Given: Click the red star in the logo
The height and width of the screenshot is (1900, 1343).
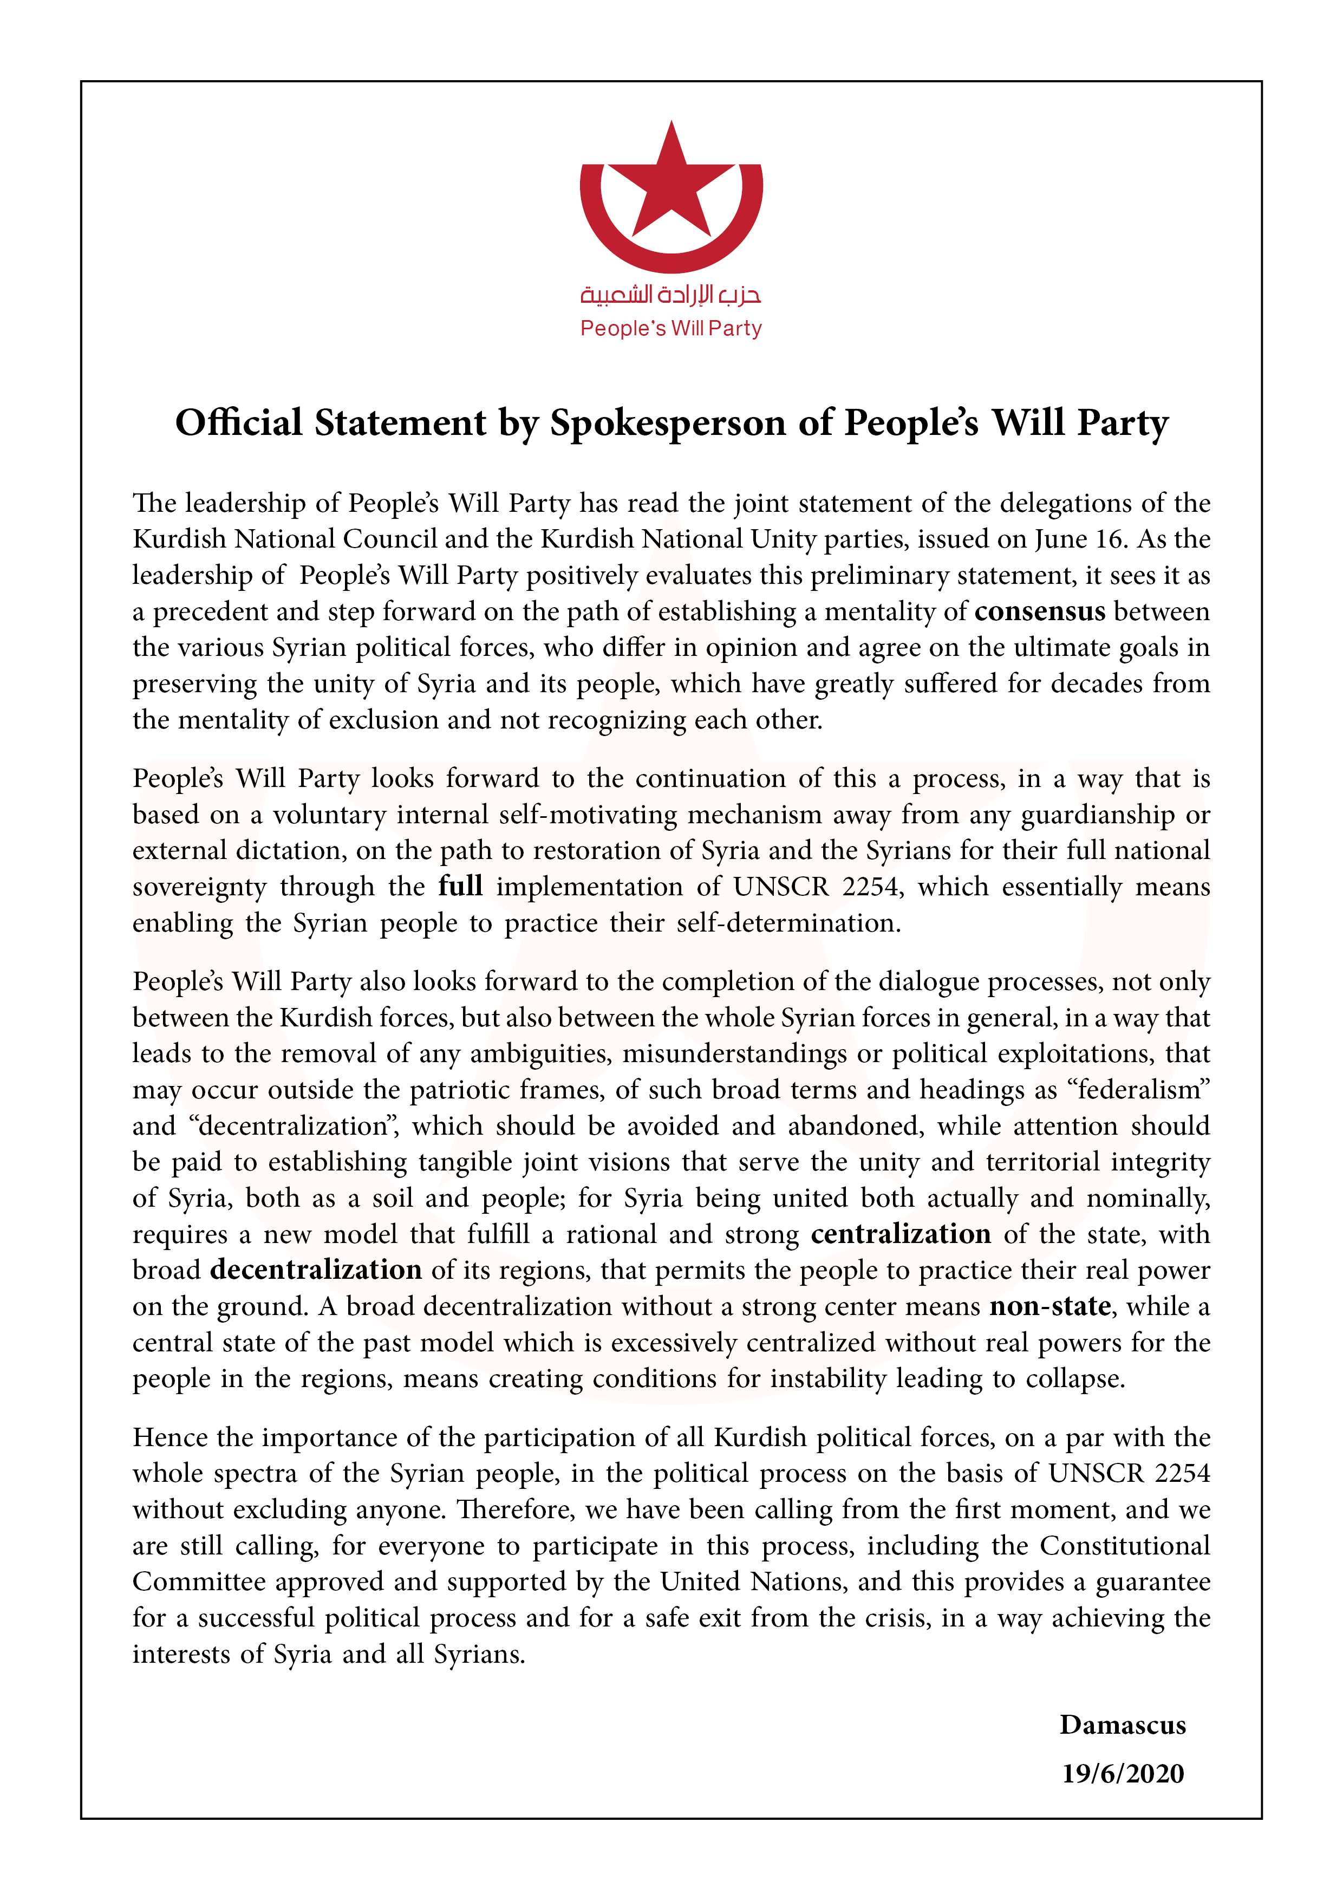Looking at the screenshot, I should click(671, 186).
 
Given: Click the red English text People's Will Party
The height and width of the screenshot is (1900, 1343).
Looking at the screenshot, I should click(671, 329).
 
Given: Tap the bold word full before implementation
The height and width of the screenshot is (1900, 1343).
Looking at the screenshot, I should click(460, 886).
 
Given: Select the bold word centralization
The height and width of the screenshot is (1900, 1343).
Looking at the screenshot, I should click(901, 1234).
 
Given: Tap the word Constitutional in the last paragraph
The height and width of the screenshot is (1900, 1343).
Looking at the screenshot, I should click(1125, 1545).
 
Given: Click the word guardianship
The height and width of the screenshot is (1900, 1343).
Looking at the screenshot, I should click(1097, 815).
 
